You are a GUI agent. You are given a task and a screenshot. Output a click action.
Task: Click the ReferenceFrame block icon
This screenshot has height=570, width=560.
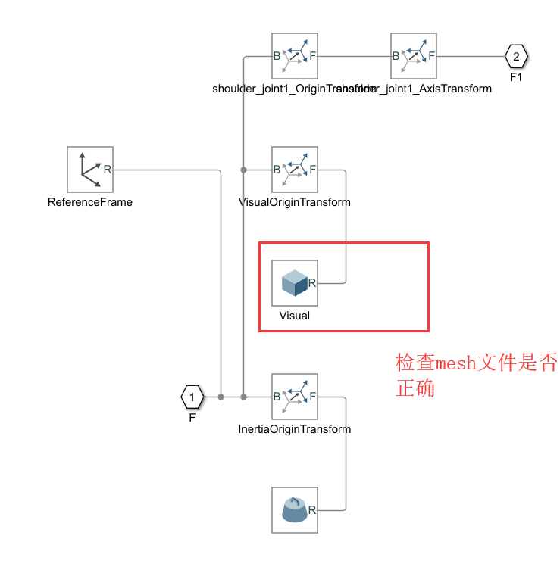coord(89,170)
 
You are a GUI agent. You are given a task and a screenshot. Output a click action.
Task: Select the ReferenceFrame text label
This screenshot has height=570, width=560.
coord(89,202)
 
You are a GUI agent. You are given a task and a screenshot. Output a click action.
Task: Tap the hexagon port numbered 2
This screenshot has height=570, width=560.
coord(516,56)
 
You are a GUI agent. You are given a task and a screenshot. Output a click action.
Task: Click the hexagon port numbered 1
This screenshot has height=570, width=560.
coord(192,397)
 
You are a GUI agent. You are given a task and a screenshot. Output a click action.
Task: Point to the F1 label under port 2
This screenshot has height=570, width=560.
coord(516,77)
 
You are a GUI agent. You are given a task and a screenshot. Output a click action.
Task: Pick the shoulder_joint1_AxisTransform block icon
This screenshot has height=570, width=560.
coord(413,56)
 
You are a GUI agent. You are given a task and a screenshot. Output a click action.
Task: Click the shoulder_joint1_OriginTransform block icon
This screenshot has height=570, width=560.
coord(295,56)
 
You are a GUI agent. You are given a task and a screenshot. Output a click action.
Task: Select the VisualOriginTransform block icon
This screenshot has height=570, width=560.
coord(295,170)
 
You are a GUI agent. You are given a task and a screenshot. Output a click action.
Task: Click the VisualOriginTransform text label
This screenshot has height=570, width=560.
coord(295,202)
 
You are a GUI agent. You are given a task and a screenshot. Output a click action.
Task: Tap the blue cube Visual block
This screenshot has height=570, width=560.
coord(295,283)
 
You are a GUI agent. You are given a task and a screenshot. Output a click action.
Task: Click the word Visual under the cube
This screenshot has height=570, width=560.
coord(295,316)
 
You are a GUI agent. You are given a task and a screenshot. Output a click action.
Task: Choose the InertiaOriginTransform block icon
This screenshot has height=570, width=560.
coord(295,397)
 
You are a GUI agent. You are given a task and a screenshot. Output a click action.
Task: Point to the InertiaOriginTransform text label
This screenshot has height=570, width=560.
coord(295,429)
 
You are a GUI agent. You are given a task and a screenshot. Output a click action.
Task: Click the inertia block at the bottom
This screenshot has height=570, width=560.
coord(295,510)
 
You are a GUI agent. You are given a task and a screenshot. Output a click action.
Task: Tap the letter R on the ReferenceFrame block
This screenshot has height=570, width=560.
coord(107,170)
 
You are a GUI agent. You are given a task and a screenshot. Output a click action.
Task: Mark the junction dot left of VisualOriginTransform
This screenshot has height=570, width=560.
coord(243,170)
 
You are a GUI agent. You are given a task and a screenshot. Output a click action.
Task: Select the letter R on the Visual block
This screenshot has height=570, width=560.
coord(311,283)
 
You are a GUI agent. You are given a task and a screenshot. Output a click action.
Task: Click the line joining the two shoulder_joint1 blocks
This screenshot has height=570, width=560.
coord(354,56)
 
